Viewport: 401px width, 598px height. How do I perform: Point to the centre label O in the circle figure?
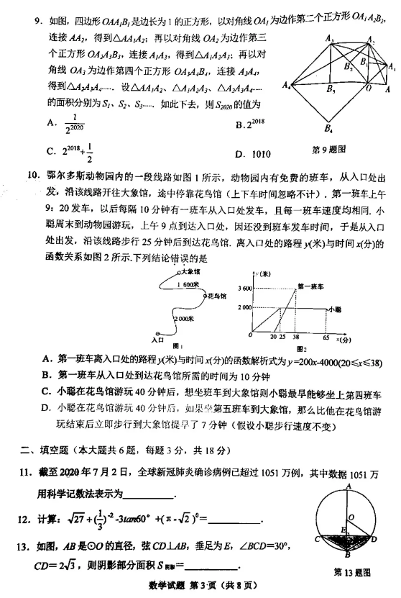(353, 517)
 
